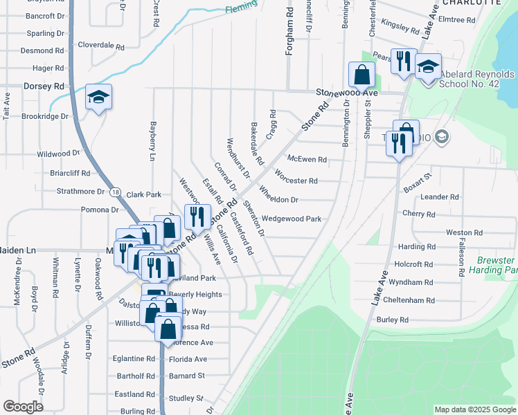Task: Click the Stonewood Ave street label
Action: click(x=347, y=92)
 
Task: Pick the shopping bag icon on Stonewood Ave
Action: click(x=362, y=75)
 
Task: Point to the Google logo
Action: click(x=23, y=407)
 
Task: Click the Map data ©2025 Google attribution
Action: click(x=476, y=410)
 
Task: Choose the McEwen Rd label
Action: click(x=307, y=159)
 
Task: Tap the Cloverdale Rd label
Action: click(x=101, y=47)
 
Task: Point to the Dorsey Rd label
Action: click(x=44, y=86)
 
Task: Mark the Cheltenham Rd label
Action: click(x=412, y=301)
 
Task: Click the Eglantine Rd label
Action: click(x=135, y=358)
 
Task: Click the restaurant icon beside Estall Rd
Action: click(x=197, y=217)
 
